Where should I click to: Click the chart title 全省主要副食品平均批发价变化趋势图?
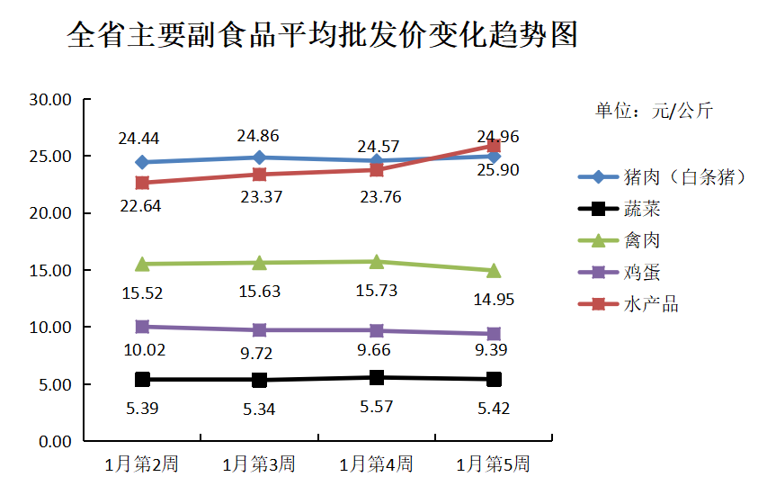click(x=323, y=36)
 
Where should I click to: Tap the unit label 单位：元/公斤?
click(x=654, y=112)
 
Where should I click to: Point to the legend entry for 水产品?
click(x=651, y=304)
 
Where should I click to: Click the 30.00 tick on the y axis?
click(x=50, y=100)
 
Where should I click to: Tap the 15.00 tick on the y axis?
click(x=50, y=270)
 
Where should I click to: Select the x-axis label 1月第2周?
click(x=141, y=464)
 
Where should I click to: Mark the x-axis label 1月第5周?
click(x=493, y=464)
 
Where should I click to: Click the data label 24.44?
click(x=138, y=139)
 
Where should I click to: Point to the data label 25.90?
click(x=497, y=169)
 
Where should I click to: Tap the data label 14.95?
click(x=494, y=300)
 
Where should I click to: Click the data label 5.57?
click(x=377, y=407)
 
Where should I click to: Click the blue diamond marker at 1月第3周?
click(x=259, y=157)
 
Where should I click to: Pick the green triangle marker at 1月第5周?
click(x=494, y=270)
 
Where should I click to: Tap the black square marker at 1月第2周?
click(x=142, y=380)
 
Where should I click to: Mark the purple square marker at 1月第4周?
click(x=377, y=331)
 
